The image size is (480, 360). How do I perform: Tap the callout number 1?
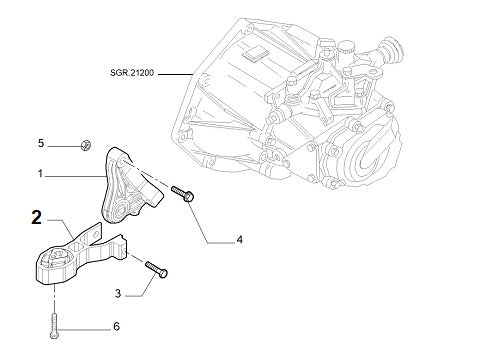tap(41, 174)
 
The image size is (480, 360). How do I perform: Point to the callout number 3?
tap(118, 293)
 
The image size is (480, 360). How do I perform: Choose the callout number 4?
tap(239, 240)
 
